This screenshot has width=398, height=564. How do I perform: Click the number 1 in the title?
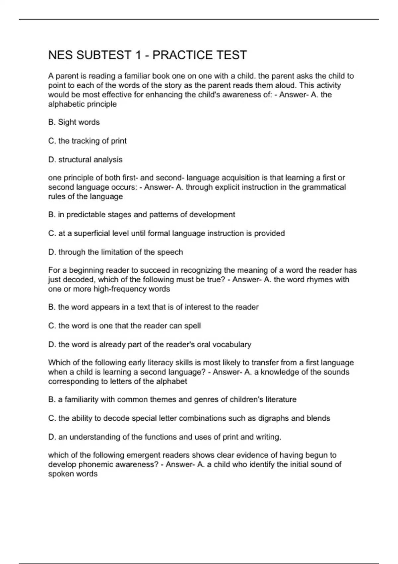pos(138,55)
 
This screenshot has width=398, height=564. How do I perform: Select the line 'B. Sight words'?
pos(74,122)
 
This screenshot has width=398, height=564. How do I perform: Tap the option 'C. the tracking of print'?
pos(87,141)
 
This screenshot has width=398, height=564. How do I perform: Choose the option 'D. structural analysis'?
pos(85,160)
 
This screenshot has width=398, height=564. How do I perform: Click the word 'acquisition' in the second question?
pos(241,178)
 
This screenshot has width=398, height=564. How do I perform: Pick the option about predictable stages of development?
pos(142,215)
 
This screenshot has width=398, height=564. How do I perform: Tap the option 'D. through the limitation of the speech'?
pos(115,252)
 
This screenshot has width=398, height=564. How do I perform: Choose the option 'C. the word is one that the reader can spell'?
pos(124,326)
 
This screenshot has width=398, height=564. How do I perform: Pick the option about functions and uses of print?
pos(165,437)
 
